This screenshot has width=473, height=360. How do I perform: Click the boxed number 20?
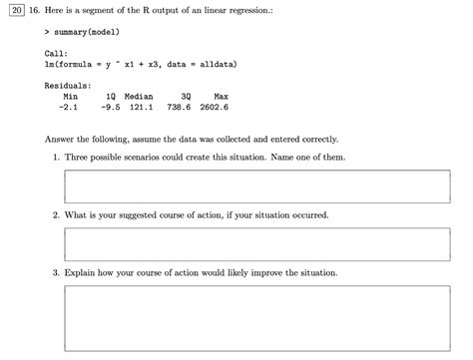[x=12, y=11]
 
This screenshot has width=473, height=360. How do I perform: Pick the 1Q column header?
[x=109, y=96]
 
